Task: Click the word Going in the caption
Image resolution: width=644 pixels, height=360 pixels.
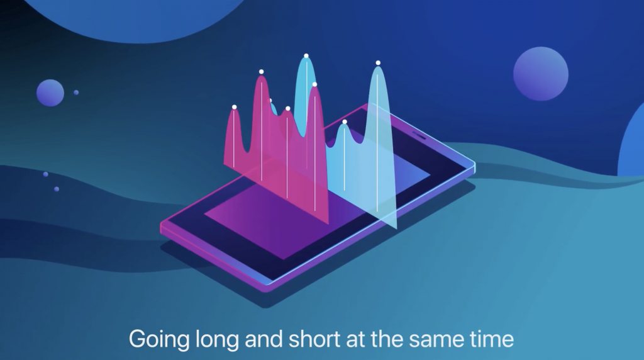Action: [x=159, y=340]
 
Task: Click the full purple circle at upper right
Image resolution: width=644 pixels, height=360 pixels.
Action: [x=541, y=74]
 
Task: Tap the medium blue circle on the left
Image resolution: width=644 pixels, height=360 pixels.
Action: [x=50, y=93]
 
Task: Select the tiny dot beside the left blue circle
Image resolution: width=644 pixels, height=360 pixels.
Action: [x=76, y=93]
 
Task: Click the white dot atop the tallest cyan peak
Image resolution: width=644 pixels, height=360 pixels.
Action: [x=306, y=56]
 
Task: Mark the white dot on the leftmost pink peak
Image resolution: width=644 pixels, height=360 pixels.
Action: [x=234, y=107]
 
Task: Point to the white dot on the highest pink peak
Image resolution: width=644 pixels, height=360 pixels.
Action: [x=261, y=72]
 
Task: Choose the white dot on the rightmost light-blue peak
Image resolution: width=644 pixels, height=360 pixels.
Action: [x=378, y=63]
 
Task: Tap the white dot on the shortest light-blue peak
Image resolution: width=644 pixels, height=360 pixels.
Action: [x=345, y=122]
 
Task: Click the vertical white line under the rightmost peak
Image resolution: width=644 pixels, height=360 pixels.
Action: [x=377, y=138]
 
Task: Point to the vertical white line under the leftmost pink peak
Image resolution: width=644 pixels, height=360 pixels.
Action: [x=234, y=138]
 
